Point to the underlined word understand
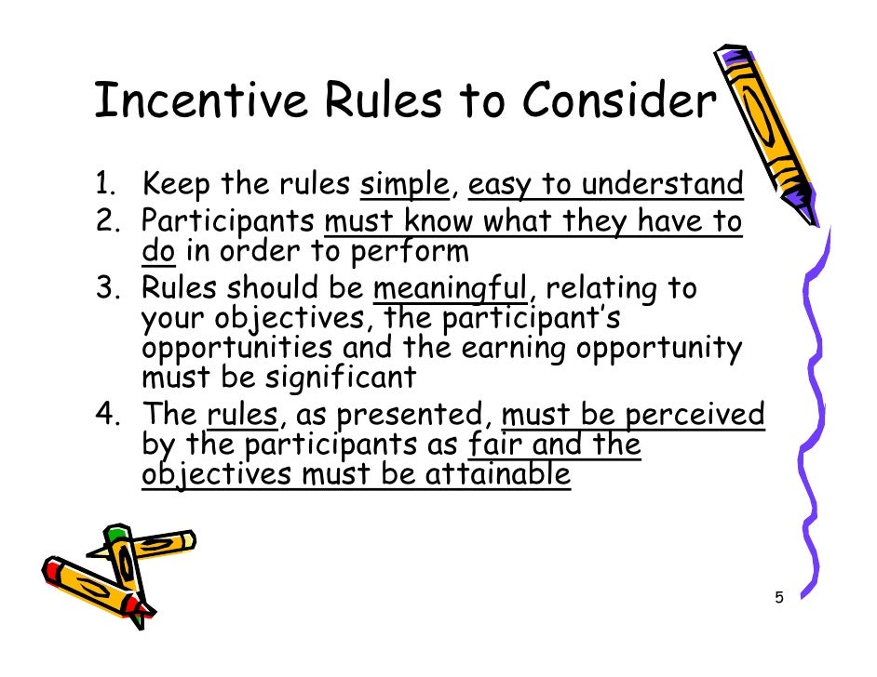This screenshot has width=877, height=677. pos(662,185)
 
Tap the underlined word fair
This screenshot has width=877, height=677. pos(495,445)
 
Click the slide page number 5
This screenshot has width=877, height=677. pos(778,598)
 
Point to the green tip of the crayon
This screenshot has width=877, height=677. pos(115,534)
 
